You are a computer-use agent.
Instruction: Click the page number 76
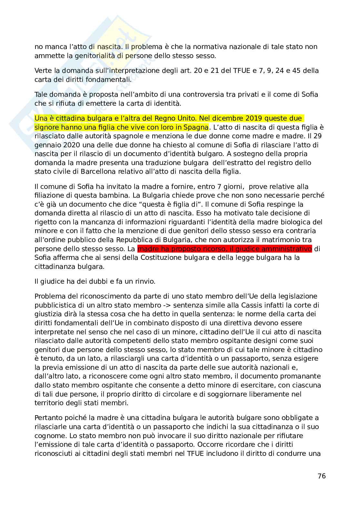(x=322, y=476)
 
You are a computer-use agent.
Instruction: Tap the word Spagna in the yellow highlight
(x=196, y=127)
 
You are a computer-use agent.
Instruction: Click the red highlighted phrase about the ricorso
(x=225, y=249)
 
